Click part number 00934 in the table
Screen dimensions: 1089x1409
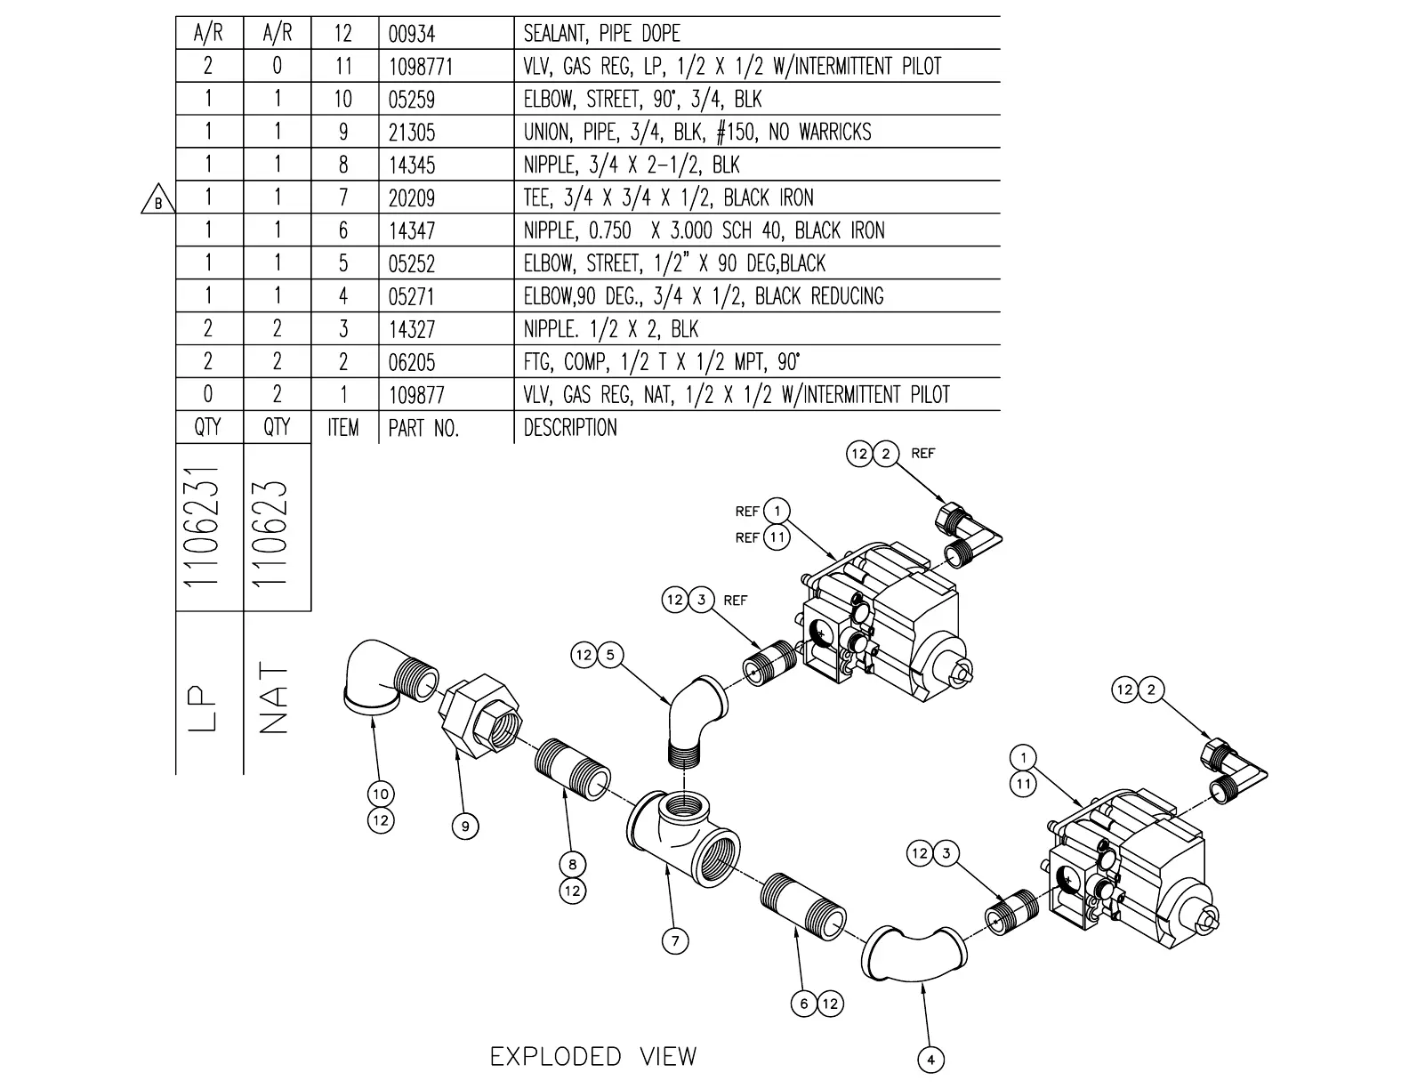411,34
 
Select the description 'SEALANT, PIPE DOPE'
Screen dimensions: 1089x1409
601,34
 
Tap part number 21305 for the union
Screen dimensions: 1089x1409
412,133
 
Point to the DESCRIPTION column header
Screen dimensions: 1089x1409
569,428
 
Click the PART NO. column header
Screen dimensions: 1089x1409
423,428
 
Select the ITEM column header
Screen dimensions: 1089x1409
343,428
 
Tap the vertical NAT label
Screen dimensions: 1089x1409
276,698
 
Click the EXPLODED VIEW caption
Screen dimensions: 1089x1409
593,1057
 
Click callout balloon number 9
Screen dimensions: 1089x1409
464,827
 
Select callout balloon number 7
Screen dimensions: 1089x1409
675,940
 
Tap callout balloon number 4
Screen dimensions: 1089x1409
930,1060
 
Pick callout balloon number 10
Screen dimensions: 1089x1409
381,794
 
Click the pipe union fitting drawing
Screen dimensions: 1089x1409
479,717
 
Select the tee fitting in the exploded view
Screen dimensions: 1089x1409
686,835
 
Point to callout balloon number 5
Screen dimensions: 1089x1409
609,656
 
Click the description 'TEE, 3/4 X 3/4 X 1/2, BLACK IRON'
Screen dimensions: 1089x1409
668,198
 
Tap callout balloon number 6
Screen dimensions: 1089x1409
803,1004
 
